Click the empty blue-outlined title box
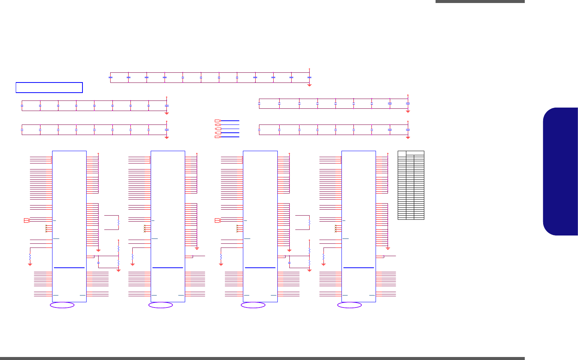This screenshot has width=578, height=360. [49, 87]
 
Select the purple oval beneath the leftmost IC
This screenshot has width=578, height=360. [62, 305]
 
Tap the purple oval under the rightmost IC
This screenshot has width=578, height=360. [349, 305]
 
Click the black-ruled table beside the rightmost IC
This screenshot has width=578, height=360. [411, 185]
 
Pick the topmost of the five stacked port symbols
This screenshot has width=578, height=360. [218, 121]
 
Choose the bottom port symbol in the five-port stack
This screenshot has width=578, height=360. [218, 137]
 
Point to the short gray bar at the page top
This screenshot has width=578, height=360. [480, 1]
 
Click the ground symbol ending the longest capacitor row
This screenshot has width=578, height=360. [309, 85]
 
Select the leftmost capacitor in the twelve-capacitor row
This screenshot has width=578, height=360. [111, 77]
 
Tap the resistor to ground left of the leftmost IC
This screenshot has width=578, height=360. [30, 257]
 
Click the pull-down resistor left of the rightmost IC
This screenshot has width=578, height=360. [323, 257]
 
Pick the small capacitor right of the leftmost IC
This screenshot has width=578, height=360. [98, 263]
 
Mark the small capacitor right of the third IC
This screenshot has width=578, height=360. [289, 263]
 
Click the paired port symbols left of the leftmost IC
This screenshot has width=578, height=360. [26, 220]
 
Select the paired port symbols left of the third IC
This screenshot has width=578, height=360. [217, 220]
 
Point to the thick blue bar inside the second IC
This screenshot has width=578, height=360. [168, 268]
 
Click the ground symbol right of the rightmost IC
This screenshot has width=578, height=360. [388, 248]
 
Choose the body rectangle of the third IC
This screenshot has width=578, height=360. [260, 226]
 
